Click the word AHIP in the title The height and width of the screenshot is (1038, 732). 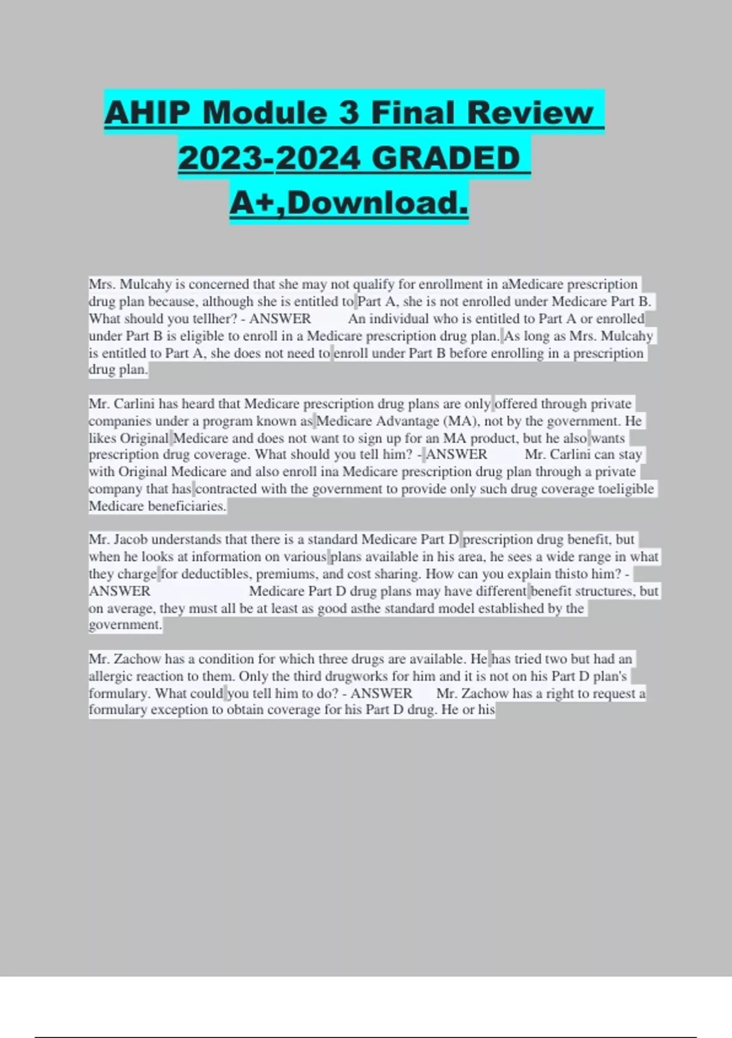[x=146, y=113]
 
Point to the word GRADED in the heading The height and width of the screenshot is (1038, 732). [x=446, y=158]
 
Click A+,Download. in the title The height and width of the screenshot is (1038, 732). [x=349, y=203]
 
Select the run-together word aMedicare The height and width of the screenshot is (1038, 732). [x=532, y=285]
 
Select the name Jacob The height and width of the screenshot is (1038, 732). [x=131, y=540]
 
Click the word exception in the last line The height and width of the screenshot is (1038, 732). [x=181, y=710]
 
